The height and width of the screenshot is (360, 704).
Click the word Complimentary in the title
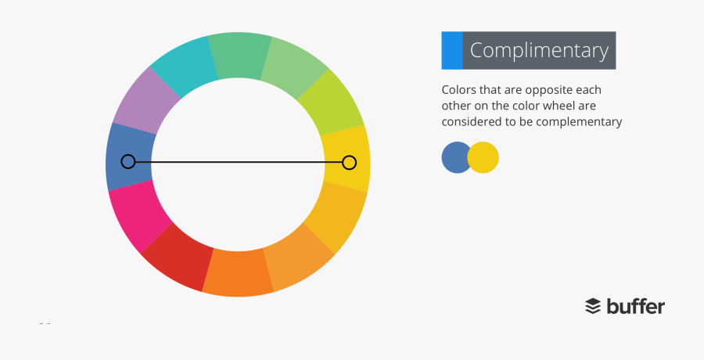539,51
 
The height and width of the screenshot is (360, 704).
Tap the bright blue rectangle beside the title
451,50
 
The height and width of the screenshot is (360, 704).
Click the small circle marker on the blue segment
128,161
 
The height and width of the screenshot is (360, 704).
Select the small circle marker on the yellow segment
349,162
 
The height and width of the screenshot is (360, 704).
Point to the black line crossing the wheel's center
239,162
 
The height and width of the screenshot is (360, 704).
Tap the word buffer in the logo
635,305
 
